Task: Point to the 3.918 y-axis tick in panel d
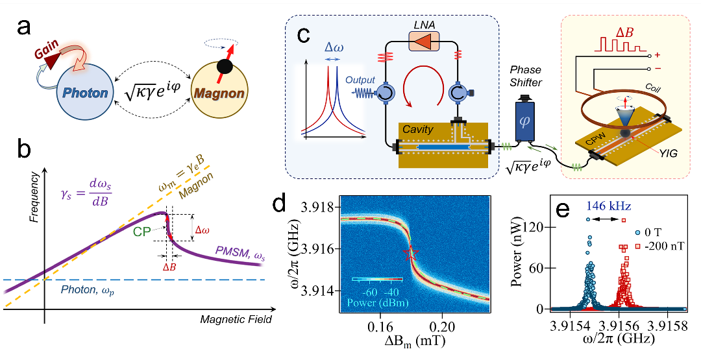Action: pyautogui.click(x=319, y=208)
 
